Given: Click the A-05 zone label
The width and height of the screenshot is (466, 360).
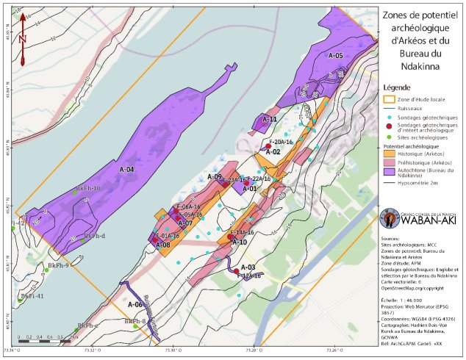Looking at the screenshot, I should pyautogui.click(x=335, y=56).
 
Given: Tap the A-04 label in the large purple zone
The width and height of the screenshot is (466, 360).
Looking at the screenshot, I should pyautogui.click(x=126, y=170).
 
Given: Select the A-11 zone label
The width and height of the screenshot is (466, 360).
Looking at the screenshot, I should pyautogui.click(x=270, y=119).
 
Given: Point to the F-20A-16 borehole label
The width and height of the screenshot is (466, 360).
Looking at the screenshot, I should pyautogui.click(x=281, y=141).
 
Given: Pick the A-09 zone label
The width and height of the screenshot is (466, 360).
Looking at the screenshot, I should pyautogui.click(x=214, y=177).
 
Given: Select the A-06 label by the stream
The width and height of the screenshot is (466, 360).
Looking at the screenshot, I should pyautogui.click(x=135, y=303).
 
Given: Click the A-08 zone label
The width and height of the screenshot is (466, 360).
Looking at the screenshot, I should pyautogui.click(x=163, y=245).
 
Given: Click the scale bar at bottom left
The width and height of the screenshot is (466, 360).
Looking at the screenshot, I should pyautogui.click(x=45, y=342).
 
